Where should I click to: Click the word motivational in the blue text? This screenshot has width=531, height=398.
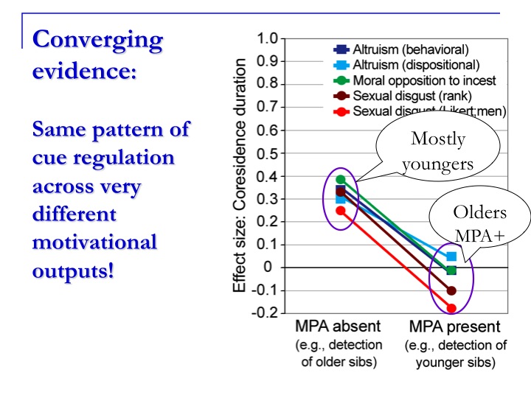coord(95,242)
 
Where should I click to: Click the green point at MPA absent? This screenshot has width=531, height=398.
coord(341,179)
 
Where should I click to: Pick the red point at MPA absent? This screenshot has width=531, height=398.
coord(341,211)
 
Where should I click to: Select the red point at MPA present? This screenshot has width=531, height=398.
coord(451,308)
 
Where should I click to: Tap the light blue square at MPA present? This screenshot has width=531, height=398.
coord(451,256)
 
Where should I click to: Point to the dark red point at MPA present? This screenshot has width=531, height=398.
coord(451,290)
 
